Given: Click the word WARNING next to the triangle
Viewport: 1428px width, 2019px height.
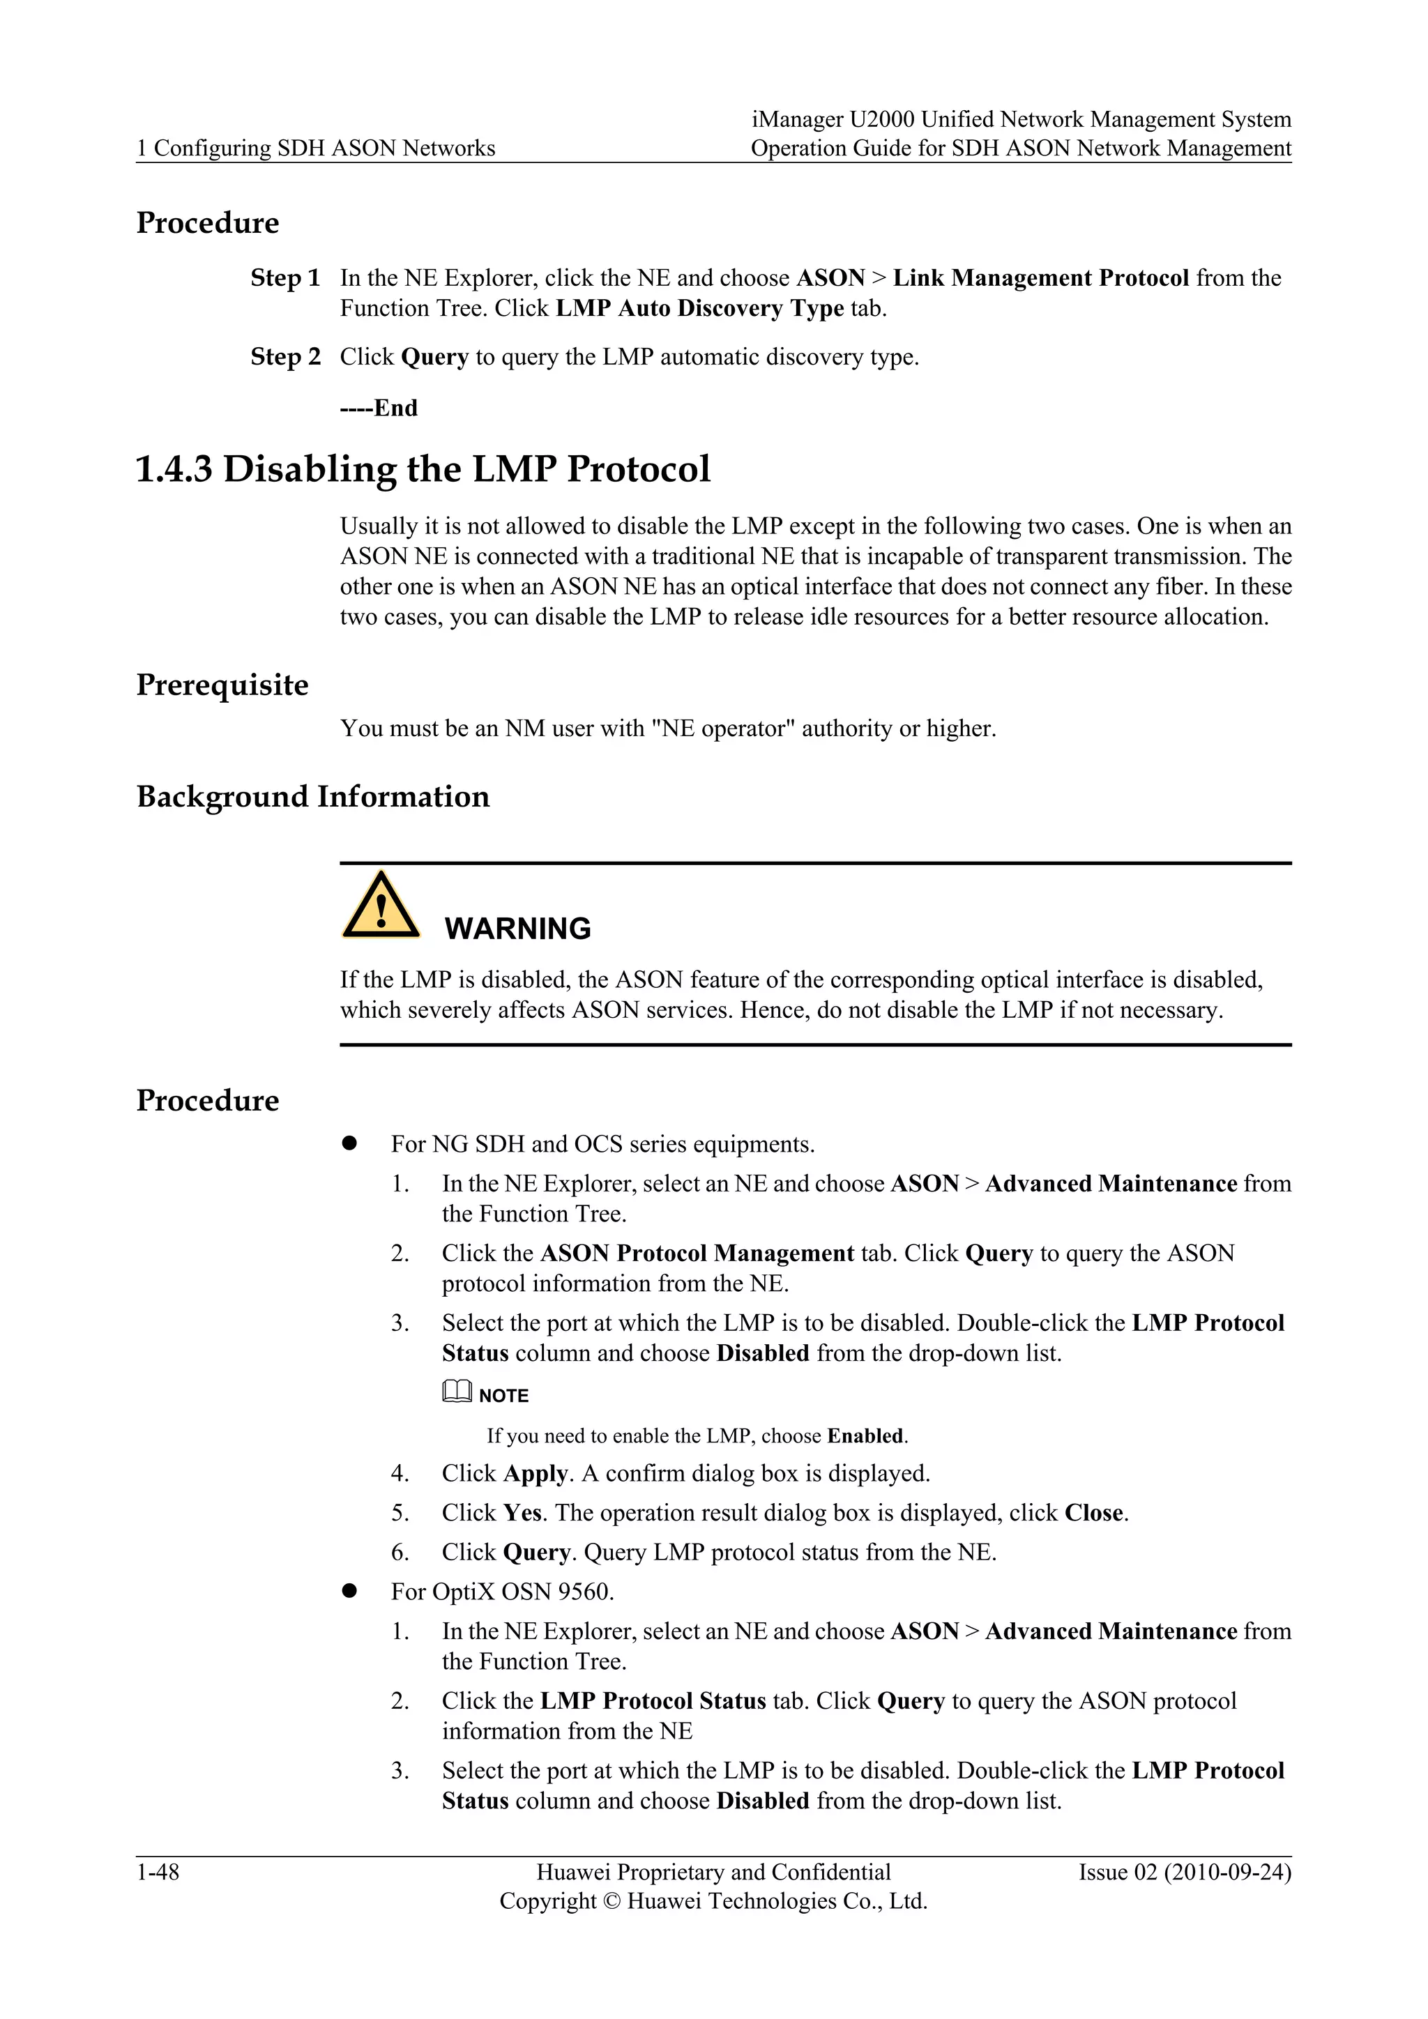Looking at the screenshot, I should [x=517, y=929].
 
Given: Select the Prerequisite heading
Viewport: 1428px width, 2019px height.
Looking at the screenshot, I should [x=222, y=685].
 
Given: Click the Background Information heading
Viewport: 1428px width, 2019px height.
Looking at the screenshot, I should [x=313, y=797].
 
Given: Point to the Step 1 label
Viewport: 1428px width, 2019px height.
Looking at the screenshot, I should [x=285, y=279].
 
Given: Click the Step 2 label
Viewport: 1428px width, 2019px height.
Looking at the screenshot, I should [x=285, y=357].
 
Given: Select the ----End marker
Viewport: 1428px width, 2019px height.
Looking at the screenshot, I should [x=379, y=408].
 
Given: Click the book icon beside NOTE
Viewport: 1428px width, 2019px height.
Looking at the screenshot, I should [x=457, y=1392].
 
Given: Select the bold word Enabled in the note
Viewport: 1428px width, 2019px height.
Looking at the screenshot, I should [x=865, y=1436].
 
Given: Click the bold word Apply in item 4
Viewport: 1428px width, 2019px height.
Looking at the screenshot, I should [x=535, y=1474].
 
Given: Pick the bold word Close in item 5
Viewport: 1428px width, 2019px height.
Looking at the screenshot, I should [x=1094, y=1514].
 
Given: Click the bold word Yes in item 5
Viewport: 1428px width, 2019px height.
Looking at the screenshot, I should [x=522, y=1514].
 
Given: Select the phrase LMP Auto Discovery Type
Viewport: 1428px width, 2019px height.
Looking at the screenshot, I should [x=700, y=309].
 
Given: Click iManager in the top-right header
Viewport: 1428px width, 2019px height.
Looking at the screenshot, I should [x=797, y=120].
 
